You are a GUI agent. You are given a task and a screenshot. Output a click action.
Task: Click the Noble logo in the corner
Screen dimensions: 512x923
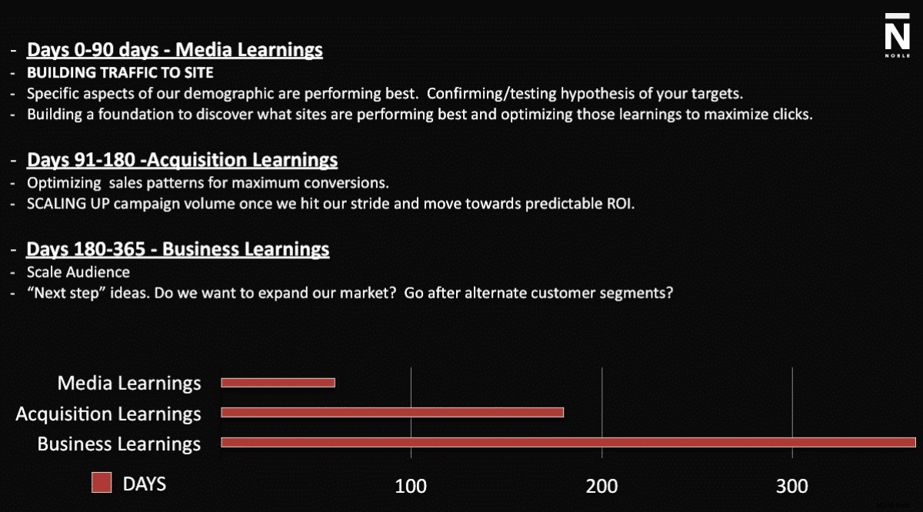(x=896, y=35)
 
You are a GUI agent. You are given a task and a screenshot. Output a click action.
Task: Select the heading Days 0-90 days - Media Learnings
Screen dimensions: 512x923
(x=175, y=51)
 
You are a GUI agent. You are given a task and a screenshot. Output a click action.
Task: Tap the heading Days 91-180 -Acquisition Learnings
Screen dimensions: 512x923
(x=182, y=160)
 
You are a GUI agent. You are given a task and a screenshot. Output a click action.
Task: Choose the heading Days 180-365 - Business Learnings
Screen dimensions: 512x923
(x=178, y=250)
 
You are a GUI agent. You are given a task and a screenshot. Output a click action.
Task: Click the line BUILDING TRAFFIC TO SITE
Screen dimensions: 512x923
(x=120, y=74)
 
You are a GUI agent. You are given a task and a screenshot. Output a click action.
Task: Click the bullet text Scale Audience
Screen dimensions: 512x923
(x=78, y=272)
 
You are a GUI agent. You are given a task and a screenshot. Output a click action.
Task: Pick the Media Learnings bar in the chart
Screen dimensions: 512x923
(x=278, y=382)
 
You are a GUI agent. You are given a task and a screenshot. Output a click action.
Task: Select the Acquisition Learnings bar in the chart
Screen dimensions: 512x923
(x=392, y=412)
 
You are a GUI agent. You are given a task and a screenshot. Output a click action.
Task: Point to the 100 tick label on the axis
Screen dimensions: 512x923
(x=411, y=486)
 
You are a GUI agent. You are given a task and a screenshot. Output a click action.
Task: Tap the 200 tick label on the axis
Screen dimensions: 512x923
(x=601, y=486)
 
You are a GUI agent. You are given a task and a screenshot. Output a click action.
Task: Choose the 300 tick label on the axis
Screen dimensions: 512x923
(x=791, y=486)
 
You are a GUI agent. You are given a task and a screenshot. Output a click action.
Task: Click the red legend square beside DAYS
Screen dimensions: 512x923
(x=102, y=483)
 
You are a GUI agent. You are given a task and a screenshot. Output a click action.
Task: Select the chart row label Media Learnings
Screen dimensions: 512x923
(x=129, y=383)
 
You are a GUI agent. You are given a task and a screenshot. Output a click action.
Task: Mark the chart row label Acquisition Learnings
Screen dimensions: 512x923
(x=108, y=414)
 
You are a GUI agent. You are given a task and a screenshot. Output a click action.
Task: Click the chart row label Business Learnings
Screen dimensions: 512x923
(x=119, y=444)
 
